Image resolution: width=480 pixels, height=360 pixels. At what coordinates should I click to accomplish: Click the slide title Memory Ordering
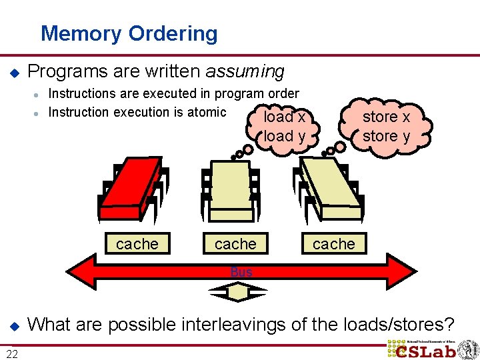(129, 33)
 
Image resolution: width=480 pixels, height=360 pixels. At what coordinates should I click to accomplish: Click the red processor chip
(131, 189)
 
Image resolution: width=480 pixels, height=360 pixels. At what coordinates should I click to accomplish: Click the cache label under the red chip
(137, 244)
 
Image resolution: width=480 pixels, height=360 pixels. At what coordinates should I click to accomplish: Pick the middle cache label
(235, 244)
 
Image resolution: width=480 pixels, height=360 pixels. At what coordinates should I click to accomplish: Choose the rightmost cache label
(334, 244)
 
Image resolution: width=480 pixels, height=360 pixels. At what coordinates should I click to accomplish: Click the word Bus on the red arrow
(241, 272)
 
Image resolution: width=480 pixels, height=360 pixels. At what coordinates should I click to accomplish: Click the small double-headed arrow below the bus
(238, 291)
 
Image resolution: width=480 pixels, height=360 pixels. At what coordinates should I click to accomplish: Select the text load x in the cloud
(285, 117)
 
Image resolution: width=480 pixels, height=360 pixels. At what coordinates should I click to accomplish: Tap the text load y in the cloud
(285, 136)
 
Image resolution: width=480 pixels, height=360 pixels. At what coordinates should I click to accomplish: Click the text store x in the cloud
(386, 117)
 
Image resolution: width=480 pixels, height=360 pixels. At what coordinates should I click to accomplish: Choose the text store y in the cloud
(386, 136)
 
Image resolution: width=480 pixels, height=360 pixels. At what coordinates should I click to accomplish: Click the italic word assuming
(245, 71)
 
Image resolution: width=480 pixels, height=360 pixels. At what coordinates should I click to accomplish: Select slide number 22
(12, 353)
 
